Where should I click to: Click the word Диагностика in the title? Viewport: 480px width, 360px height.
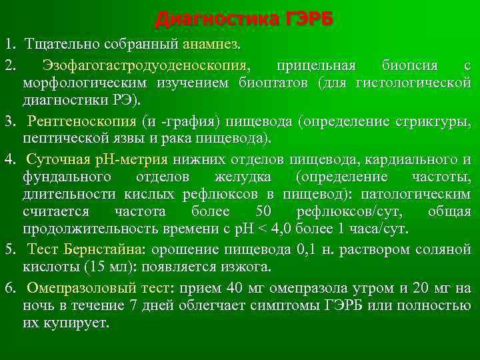point(208,19)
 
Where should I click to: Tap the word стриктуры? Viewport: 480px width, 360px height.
point(436,123)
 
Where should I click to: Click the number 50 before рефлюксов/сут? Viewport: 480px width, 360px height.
point(263,212)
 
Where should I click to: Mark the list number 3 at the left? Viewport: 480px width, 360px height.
point(9,123)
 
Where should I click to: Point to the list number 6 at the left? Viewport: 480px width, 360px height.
point(9,288)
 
